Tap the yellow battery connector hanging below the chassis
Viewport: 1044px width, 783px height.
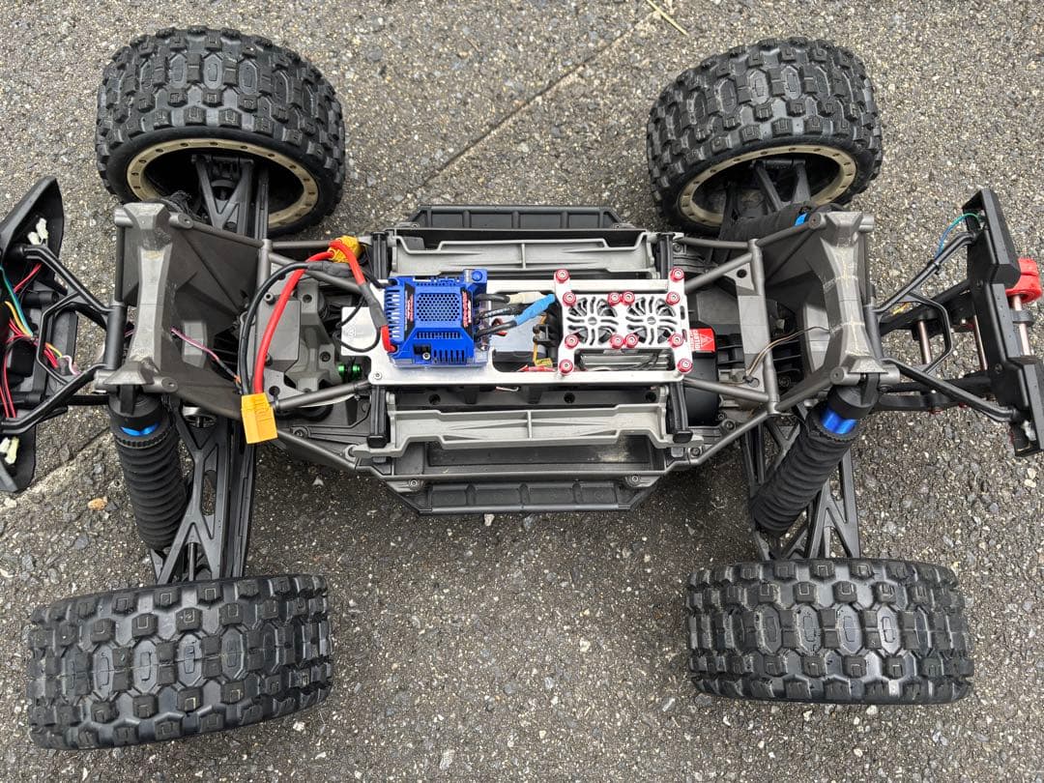click(259, 418)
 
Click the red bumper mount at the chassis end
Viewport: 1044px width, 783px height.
click(1028, 278)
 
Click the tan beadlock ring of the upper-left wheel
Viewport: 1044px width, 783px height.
click(222, 184)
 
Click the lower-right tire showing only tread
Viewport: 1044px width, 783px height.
click(828, 630)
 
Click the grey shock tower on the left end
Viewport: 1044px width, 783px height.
click(150, 290)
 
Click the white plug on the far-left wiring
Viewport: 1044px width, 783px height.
click(39, 232)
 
